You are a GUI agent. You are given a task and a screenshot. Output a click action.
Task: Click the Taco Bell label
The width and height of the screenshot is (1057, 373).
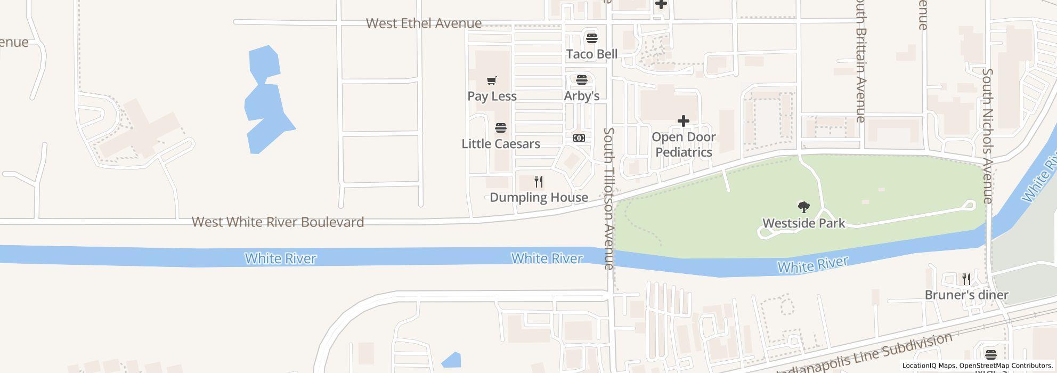[x=592, y=54]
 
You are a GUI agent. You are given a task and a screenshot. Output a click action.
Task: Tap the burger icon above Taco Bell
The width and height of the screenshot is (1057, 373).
[x=591, y=38]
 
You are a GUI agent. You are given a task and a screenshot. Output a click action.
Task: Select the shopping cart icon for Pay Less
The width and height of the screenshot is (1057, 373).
[x=492, y=81]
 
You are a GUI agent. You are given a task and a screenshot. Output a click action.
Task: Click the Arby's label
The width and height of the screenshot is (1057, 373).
[x=582, y=96]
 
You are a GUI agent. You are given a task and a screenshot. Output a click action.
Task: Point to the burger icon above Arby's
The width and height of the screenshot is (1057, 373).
[x=582, y=80]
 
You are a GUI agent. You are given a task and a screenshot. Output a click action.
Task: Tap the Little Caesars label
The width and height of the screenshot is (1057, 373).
[x=501, y=144]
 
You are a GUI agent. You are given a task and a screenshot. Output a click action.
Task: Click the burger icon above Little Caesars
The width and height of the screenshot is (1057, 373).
[x=500, y=128]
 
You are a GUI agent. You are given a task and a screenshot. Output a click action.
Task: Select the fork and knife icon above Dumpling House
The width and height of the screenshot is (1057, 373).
[x=539, y=182]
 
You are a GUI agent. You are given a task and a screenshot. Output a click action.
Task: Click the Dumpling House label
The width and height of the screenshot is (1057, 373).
[x=539, y=198]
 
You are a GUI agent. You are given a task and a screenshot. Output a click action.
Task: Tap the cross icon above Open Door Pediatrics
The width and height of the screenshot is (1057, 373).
[x=683, y=121]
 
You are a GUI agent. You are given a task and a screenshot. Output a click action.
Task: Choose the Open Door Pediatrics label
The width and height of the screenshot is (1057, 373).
[x=684, y=144]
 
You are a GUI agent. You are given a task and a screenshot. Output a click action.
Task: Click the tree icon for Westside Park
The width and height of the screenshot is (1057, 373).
[x=803, y=207]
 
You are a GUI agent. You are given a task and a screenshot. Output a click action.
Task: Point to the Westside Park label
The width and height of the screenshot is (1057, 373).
[x=803, y=223]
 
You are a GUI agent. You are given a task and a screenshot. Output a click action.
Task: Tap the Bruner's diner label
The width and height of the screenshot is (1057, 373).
[x=966, y=295]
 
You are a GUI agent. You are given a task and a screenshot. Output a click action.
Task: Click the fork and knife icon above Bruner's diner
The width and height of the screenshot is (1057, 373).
[x=966, y=279]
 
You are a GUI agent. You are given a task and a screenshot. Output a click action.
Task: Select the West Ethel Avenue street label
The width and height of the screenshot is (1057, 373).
[x=424, y=23]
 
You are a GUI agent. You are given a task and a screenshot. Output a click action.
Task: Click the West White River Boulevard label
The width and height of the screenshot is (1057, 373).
[x=278, y=222]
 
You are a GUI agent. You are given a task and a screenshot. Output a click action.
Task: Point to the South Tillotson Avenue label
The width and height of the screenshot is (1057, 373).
[x=609, y=198]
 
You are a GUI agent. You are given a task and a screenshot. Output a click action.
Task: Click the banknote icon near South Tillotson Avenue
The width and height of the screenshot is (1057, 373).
[x=579, y=138]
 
